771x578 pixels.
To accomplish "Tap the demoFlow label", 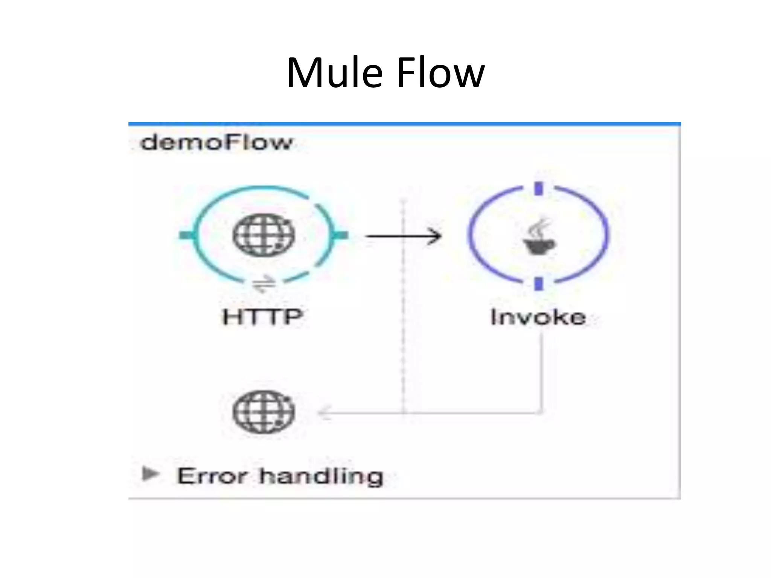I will coord(216,143).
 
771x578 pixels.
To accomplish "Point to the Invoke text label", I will coord(538,317).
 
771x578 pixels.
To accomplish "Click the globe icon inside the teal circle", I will coord(264,235).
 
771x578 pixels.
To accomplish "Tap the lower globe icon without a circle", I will coord(264,412).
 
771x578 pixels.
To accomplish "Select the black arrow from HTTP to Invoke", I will coord(403,236).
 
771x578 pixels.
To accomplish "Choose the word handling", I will coord(321,476).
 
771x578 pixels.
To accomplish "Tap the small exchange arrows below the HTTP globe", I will coord(264,283).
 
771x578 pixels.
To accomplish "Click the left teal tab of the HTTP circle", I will coord(186,235).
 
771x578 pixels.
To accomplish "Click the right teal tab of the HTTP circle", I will coord(341,235).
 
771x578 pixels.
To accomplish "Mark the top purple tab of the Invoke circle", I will coord(539,189).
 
